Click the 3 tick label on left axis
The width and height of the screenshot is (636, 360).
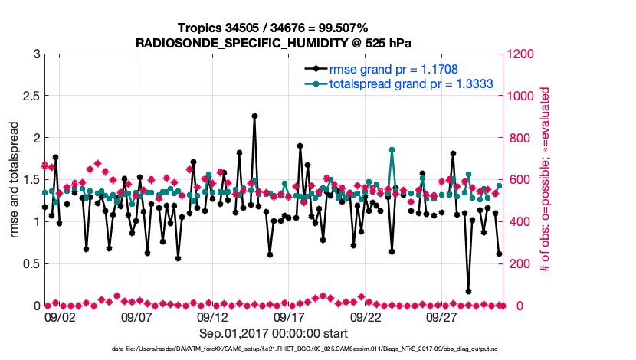31,54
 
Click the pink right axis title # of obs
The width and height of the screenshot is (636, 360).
545,180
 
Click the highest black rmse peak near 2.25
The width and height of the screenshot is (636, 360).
254,116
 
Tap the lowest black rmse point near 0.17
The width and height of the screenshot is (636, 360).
468,291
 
